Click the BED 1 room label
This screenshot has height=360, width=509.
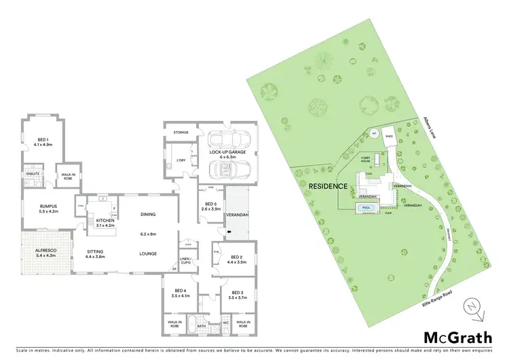coord(42,141)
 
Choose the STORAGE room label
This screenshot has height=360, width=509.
coord(181,132)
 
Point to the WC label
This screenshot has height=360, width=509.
coord(226,323)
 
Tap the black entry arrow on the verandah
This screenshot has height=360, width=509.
coord(229,232)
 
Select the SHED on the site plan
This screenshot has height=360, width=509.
coord(389,135)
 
